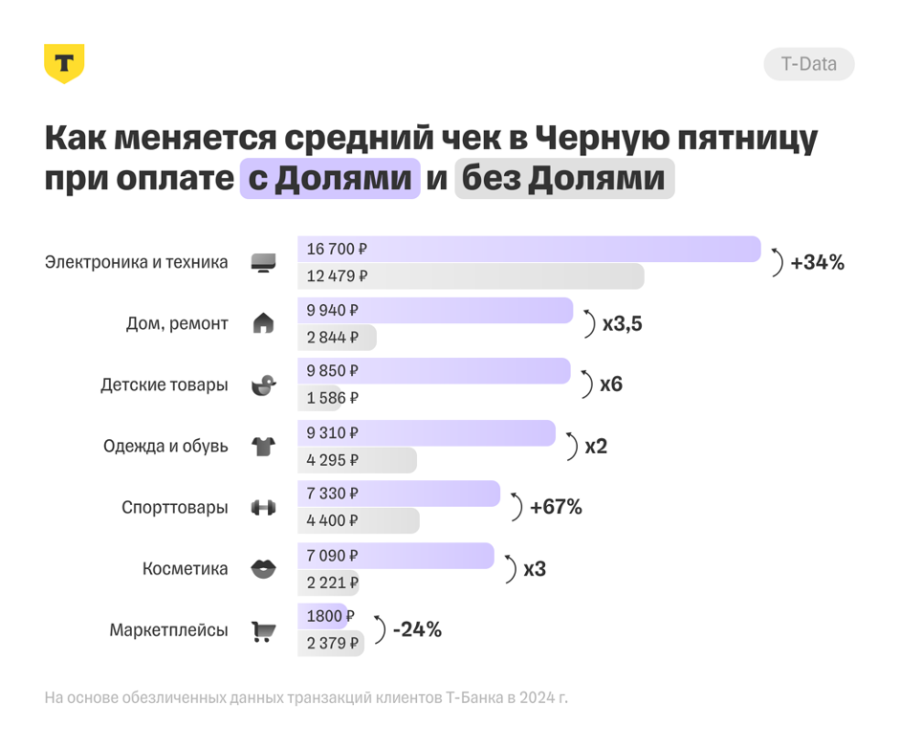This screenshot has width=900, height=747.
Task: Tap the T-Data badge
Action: (x=808, y=64)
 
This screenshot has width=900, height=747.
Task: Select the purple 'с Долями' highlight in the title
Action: (x=330, y=179)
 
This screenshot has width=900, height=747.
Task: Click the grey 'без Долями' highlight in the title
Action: (x=564, y=179)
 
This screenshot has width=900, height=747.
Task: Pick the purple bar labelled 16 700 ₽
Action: (x=528, y=249)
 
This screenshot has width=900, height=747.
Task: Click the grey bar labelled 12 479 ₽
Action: (x=471, y=276)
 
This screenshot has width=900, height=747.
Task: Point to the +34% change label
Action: (x=817, y=262)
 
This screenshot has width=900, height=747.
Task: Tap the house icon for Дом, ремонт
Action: (x=263, y=323)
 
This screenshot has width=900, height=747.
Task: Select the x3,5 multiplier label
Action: (x=622, y=323)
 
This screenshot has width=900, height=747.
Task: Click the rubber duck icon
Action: (x=263, y=384)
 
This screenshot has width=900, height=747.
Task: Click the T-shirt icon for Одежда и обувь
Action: (x=263, y=446)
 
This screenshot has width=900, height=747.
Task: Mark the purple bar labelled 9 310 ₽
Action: (x=426, y=432)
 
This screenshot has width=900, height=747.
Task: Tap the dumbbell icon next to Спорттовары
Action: (x=263, y=508)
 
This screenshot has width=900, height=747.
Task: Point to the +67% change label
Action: (x=556, y=507)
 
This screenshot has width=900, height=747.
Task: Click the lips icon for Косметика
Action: (x=263, y=569)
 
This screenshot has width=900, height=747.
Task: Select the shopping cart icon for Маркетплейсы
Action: (x=263, y=631)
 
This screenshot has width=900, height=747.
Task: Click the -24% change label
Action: (x=417, y=629)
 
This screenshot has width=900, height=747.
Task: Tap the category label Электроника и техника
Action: (x=137, y=262)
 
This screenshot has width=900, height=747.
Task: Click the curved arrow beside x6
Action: (x=586, y=384)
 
